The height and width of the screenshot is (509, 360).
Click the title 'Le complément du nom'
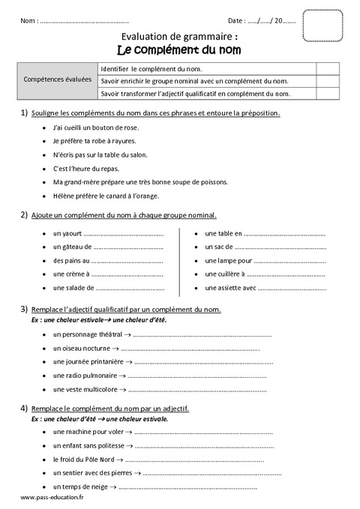click(x=179, y=49)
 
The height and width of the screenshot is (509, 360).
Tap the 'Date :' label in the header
click(x=237, y=20)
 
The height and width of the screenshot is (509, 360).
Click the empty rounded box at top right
click(x=323, y=25)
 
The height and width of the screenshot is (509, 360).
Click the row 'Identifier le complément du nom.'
click(x=151, y=67)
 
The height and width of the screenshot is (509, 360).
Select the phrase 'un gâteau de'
click(x=72, y=246)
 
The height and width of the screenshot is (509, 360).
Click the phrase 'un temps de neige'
click(x=79, y=487)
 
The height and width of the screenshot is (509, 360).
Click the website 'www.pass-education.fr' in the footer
click(x=52, y=499)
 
